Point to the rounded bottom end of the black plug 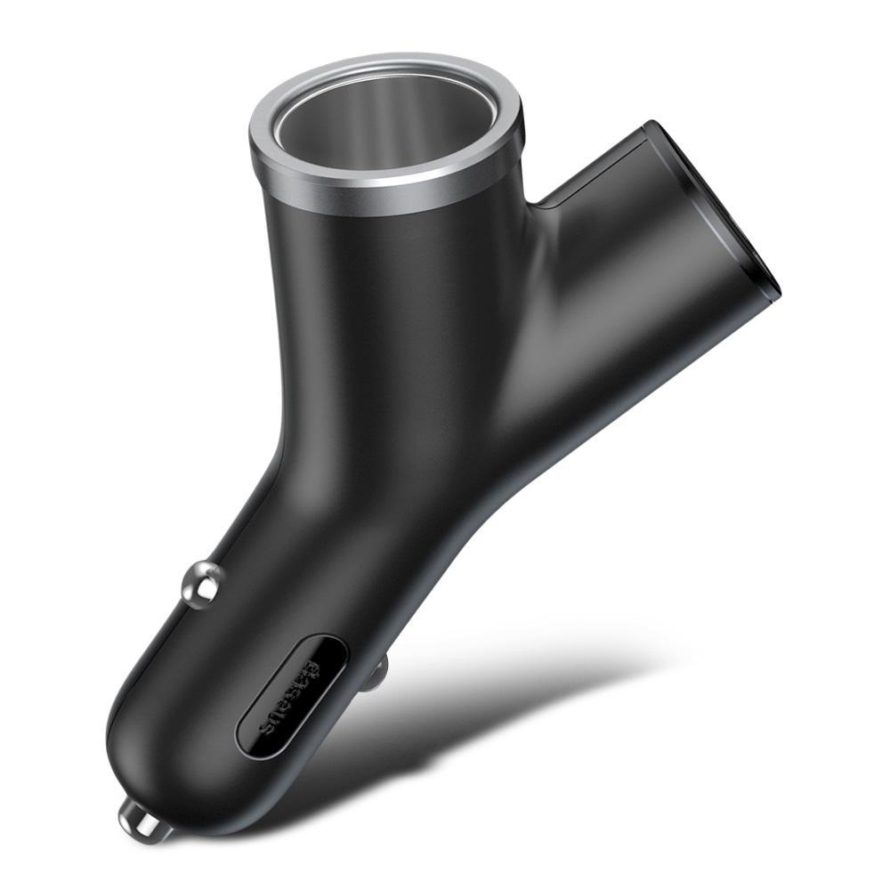133,765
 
